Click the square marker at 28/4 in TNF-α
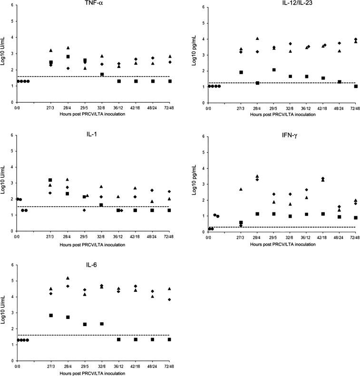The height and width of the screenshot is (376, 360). (68, 57)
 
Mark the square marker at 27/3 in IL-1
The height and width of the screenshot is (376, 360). (50, 180)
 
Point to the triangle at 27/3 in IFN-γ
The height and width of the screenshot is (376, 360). (241, 189)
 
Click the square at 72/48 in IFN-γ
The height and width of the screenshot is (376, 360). (356, 218)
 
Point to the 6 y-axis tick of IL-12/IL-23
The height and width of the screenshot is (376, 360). (203, 7)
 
